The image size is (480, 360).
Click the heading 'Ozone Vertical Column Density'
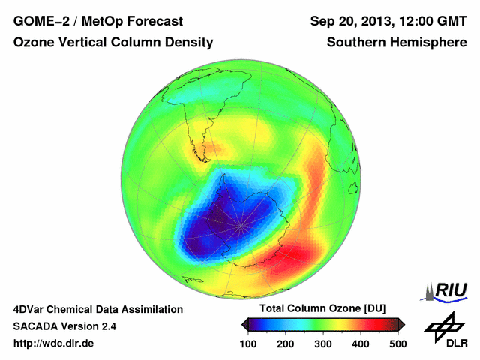coord(113,43)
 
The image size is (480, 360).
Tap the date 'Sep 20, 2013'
coord(350,21)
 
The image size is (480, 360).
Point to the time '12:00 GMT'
coord(432,21)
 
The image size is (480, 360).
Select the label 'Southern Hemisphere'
coord(397,43)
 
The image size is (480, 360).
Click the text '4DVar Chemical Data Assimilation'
coord(98,309)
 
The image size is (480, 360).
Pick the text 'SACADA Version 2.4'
coord(64,326)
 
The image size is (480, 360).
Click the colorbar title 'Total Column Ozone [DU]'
coord(322,309)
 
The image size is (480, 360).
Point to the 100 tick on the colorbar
coord(250,343)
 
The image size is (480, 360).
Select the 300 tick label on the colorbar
coord(323,343)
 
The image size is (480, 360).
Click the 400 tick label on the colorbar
coord(360,343)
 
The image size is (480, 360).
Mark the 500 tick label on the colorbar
coord(397,343)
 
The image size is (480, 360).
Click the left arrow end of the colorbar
coord(245,324)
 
